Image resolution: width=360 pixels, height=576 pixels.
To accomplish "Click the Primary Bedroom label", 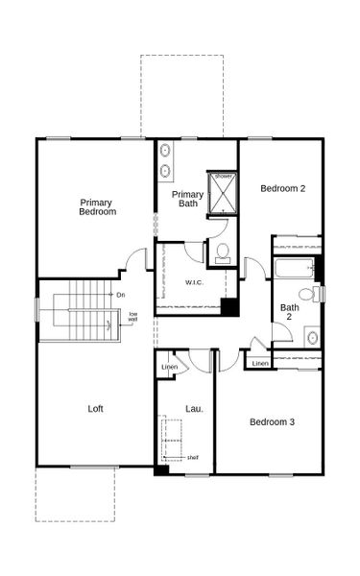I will [98, 206].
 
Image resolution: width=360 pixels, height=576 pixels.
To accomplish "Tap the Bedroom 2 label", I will [283, 188].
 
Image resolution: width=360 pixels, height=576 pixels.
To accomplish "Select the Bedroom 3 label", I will [272, 421].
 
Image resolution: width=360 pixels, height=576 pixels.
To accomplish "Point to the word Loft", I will [96, 409].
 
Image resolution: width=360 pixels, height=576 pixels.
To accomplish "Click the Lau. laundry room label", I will [194, 409].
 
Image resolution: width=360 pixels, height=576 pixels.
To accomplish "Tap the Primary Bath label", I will [187, 198].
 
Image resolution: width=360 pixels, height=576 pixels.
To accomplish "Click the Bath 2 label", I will [289, 313].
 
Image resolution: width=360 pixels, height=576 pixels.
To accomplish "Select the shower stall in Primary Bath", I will [223, 193].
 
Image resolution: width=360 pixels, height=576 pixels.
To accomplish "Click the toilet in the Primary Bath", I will [223, 252].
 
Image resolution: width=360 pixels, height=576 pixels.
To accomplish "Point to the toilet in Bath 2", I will [308, 294].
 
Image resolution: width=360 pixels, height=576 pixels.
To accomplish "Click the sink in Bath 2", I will [312, 337].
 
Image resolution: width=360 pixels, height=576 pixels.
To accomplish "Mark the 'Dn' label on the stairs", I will [121, 294].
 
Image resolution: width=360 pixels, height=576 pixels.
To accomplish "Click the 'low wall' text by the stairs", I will [134, 317].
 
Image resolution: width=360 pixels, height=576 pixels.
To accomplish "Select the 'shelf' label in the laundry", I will [193, 457].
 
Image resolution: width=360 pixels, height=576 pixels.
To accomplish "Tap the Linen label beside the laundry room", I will [169, 368].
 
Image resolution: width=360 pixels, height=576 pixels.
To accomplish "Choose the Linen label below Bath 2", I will [259, 363].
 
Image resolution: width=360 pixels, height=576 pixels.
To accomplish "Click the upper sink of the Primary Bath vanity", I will [165, 151].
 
